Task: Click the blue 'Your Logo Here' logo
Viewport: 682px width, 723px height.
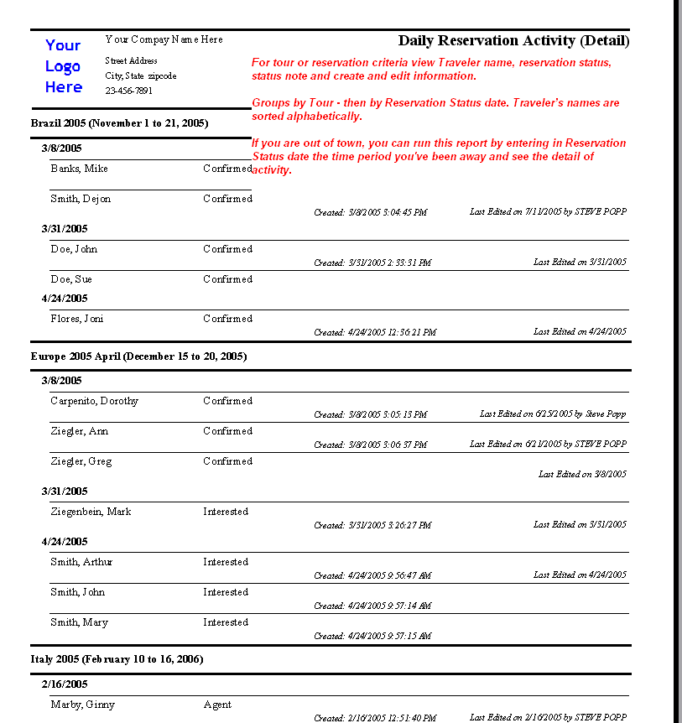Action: tap(64, 66)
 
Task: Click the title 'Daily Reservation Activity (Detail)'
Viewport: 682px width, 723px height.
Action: tap(513, 40)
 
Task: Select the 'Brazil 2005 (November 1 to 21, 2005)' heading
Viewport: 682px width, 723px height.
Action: tap(119, 123)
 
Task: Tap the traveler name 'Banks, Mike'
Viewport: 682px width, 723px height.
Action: tap(79, 169)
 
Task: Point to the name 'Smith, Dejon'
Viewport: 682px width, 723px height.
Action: tap(81, 199)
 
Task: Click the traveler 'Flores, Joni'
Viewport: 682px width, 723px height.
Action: tap(77, 319)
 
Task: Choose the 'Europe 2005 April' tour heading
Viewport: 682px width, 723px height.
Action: tap(138, 356)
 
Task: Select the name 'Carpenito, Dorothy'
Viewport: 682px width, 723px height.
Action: tap(94, 401)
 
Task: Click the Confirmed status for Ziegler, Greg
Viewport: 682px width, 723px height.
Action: tap(227, 461)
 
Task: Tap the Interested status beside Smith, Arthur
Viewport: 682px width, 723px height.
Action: tap(226, 562)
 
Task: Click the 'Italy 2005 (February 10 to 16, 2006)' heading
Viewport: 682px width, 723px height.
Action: tap(117, 659)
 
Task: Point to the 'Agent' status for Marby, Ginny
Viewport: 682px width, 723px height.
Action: tap(217, 705)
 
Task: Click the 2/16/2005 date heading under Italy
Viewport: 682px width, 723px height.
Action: tap(65, 684)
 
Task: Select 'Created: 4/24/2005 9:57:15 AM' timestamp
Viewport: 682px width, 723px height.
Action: tap(372, 636)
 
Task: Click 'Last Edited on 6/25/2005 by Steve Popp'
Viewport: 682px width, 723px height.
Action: tap(553, 414)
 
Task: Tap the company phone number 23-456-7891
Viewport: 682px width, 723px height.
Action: tap(129, 91)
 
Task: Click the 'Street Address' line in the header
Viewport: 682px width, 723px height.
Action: tap(131, 60)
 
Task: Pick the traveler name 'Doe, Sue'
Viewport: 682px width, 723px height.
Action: tap(71, 279)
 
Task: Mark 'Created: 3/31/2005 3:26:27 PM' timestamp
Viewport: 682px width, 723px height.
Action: tap(372, 525)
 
